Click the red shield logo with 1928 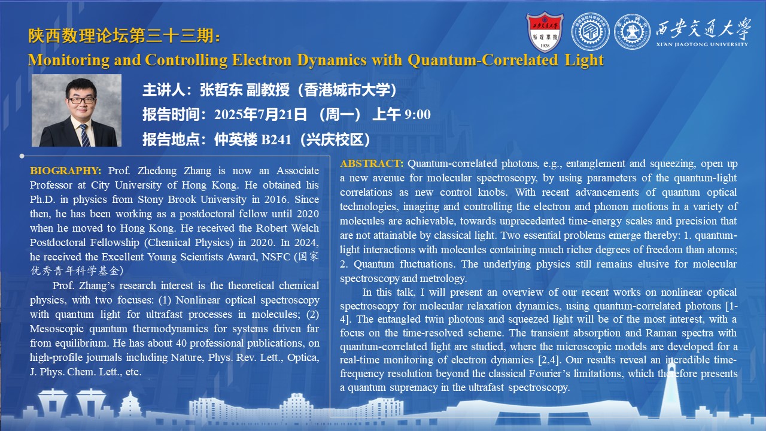click(x=545, y=32)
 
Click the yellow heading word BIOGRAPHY click(x=65, y=171)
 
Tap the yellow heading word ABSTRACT click(x=372, y=163)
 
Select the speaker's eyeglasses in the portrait click(x=82, y=101)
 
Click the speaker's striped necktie click(x=84, y=135)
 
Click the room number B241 click(x=276, y=139)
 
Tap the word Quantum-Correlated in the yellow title click(x=482, y=60)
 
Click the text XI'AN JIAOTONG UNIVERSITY click(x=702, y=44)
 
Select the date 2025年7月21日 click(x=260, y=114)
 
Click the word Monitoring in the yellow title click(x=69, y=60)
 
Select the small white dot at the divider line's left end click(x=22, y=156)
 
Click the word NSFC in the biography click(x=276, y=257)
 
